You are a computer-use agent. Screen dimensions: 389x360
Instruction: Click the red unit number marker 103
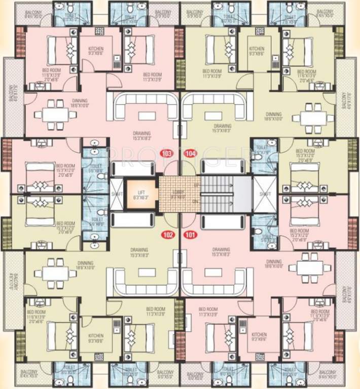(166, 152)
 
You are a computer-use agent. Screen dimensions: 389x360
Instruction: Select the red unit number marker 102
(167, 235)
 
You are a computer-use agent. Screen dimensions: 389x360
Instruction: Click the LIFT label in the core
(138, 191)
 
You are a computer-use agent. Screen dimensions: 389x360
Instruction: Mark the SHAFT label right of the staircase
(264, 194)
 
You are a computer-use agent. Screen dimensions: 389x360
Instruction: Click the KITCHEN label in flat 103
(96, 49)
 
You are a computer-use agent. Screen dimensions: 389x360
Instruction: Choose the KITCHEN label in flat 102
(96, 335)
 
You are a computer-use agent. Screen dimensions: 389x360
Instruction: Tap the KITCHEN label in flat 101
(259, 335)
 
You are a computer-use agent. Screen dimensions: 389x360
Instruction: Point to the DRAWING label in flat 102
(139, 250)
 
